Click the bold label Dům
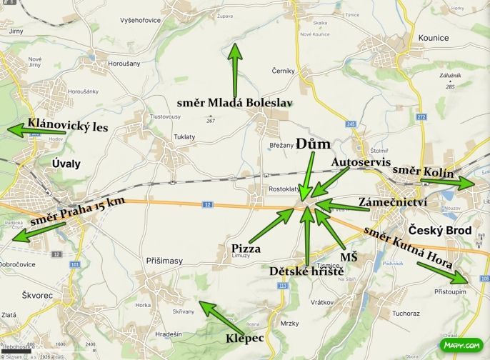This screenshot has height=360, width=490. tap(313, 144)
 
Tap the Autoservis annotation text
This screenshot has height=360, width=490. tap(361, 163)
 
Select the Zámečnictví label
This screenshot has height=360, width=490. tap(393, 202)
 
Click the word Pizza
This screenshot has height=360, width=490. tap(245, 249)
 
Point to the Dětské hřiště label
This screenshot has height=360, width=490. tap(307, 271)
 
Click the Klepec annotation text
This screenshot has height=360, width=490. tap(246, 336)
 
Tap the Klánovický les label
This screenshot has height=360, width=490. tap(68, 126)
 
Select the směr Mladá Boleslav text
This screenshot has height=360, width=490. tap(235, 103)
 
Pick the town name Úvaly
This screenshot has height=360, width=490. tap(66, 164)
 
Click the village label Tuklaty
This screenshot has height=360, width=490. tap(185, 137)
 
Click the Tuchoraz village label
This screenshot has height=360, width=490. tap(406, 313)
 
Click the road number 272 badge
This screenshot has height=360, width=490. tap(421, 116)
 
